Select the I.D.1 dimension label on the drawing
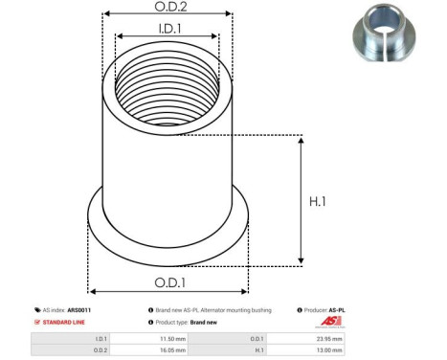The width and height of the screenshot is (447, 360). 167,30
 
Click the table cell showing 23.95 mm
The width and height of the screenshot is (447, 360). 331,338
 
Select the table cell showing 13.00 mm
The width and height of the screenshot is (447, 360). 331,351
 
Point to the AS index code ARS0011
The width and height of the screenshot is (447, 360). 79,310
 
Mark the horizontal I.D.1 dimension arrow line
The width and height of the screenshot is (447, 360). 167,39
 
